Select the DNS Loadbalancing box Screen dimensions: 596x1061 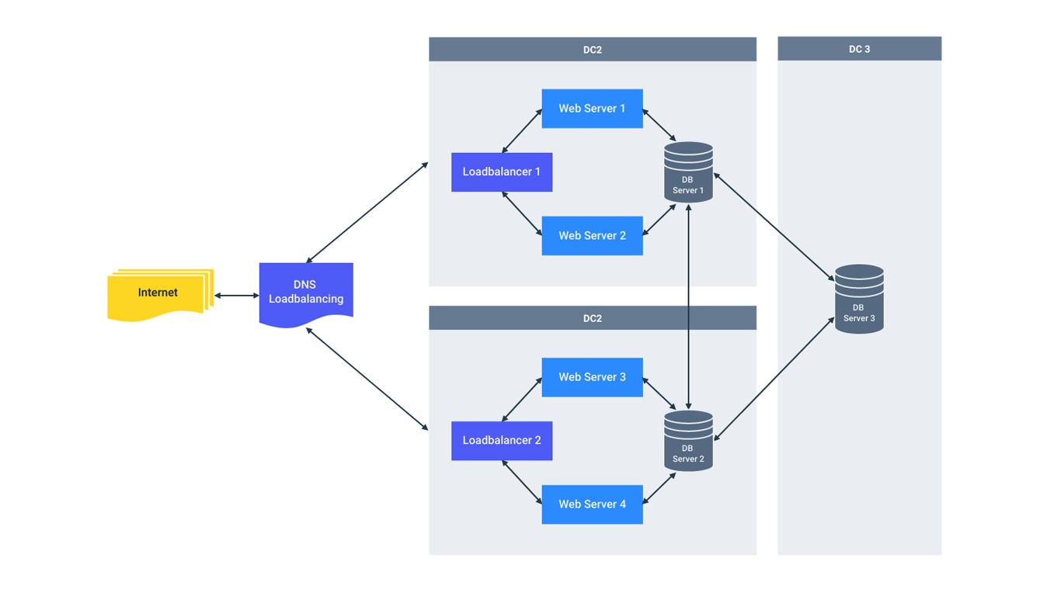(306, 293)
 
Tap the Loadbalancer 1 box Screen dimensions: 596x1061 (502, 172)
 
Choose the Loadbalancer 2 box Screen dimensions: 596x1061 (502, 440)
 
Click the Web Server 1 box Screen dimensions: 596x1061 (592, 109)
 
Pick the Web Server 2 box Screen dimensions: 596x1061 (592, 236)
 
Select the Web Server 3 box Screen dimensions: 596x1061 (592, 377)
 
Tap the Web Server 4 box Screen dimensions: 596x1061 (592, 504)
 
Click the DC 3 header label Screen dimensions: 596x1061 (859, 49)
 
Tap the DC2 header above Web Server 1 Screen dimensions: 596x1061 (592, 50)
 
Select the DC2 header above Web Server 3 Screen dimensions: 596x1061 (592, 318)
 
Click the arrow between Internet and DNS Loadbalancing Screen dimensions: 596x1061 (236, 296)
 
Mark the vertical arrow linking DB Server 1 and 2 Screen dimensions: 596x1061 (688, 307)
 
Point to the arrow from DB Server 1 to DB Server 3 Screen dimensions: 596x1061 (774, 227)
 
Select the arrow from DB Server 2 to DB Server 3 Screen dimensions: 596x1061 (774, 379)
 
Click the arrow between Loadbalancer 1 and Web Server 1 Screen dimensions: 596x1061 (522, 131)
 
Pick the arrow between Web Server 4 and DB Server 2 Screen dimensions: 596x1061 (659, 488)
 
